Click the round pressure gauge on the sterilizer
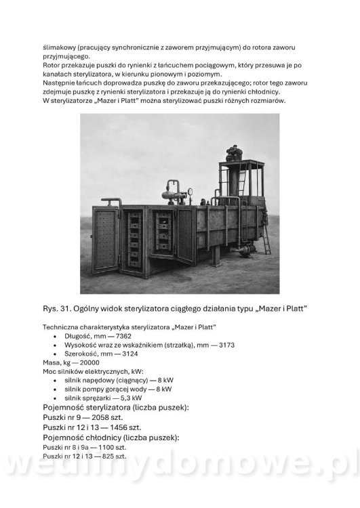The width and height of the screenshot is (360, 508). click(x=192, y=192)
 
